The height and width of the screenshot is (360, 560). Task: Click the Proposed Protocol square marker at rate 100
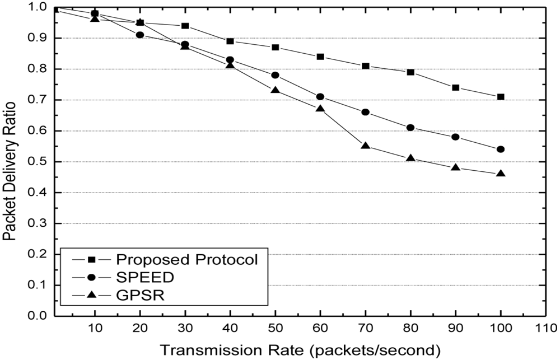click(501, 97)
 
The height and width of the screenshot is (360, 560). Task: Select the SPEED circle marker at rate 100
click(501, 149)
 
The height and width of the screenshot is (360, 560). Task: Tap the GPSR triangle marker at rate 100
click(501, 174)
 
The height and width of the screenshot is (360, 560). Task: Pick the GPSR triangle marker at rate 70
click(366, 146)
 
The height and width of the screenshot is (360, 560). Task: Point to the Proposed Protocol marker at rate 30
click(185, 26)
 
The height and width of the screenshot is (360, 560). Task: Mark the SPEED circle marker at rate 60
click(320, 97)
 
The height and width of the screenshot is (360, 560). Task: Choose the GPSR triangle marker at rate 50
click(275, 90)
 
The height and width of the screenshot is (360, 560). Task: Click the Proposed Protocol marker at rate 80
click(410, 72)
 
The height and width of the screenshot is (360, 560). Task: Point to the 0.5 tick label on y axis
click(37, 162)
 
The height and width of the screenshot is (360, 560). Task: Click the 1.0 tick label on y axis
click(37, 7)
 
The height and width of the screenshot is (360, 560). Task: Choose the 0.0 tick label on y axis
click(37, 316)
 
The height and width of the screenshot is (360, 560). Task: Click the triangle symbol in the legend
click(90, 295)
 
